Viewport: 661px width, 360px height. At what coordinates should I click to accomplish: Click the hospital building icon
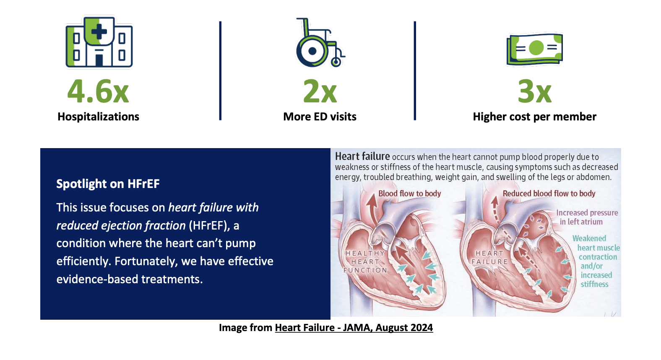coord(99,42)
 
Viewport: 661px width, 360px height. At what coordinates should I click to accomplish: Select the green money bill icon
coord(534,49)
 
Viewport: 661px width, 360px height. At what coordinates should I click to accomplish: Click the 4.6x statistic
coord(98,91)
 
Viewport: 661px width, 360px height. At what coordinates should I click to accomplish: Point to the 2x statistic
coord(320,91)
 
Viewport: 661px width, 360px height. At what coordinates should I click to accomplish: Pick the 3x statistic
coord(534,91)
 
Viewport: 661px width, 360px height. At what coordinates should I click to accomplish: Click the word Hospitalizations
coord(98,117)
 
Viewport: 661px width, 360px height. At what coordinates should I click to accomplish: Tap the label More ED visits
coord(320,117)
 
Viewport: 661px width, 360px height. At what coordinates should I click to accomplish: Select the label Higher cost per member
coord(534,117)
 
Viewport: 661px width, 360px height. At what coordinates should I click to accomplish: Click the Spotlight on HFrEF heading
coord(108,184)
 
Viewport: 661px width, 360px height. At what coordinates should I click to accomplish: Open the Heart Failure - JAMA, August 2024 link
coord(354,328)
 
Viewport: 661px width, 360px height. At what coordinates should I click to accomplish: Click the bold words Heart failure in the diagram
coord(362,157)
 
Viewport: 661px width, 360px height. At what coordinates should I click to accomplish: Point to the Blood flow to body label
coord(409,193)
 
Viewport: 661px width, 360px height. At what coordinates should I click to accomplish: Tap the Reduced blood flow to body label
coord(549,193)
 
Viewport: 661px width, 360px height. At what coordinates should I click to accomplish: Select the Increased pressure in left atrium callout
coord(587,217)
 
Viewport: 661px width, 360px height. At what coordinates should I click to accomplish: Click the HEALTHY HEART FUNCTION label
coord(365,261)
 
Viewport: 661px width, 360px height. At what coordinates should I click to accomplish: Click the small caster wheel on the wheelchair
coord(336,62)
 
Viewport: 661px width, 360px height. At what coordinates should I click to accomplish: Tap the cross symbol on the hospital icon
coord(99,31)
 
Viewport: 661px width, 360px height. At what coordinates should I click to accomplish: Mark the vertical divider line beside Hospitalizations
coord(220,70)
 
